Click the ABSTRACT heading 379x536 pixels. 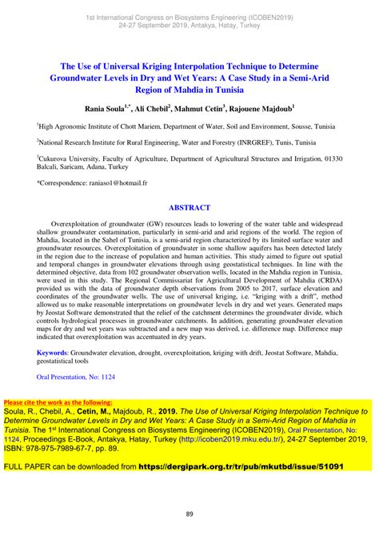189,206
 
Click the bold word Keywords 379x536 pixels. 52,352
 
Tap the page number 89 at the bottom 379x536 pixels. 189,514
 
